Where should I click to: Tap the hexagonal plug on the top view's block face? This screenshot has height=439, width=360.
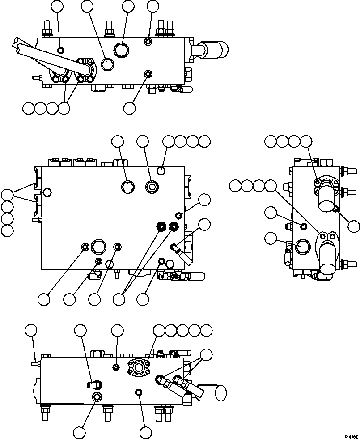click(107, 65)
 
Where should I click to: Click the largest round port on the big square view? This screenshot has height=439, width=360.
click(98, 247)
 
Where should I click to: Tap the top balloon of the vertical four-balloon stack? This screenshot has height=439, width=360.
click(7, 195)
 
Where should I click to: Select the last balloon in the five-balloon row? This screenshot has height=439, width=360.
click(206, 331)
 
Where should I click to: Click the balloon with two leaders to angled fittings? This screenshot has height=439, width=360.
click(206, 355)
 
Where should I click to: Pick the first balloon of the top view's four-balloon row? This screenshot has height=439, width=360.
click(29, 108)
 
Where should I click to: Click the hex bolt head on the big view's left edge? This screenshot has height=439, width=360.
click(47, 193)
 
